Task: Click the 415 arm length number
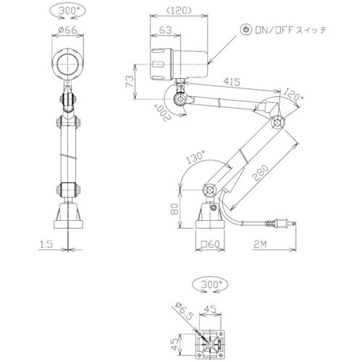coord(232,82)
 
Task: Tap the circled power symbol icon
coord(247,29)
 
